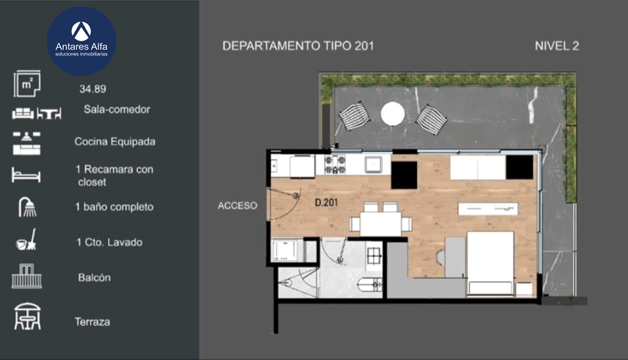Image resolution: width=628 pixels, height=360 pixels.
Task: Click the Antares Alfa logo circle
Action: point(82,41)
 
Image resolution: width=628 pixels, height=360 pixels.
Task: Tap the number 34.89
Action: point(93,89)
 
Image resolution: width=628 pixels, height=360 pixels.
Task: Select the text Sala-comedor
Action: point(117,109)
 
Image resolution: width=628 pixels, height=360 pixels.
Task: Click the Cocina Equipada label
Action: point(115,142)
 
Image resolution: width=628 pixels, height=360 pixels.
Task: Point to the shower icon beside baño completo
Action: point(27,207)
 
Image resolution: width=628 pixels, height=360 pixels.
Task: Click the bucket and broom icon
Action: point(26,240)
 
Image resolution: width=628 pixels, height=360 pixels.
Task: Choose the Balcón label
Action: point(94,278)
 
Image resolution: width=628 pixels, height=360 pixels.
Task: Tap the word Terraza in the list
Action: point(92,322)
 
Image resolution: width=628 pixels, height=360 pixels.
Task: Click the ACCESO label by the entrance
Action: point(238,206)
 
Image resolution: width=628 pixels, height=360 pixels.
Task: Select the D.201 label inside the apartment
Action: point(326,202)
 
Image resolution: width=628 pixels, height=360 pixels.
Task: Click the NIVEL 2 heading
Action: point(557,46)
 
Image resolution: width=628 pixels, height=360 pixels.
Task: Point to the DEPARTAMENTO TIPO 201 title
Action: point(298,46)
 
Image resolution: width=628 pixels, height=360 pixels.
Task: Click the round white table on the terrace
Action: point(393,113)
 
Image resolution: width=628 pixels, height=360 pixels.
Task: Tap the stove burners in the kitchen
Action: point(335,164)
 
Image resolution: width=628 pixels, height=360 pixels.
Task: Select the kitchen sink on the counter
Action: point(373,164)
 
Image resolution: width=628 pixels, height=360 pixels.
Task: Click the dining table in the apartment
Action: point(380,224)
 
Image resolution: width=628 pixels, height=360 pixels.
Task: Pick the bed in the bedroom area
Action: point(490,264)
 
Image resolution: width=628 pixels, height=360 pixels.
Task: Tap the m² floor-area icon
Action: point(27,84)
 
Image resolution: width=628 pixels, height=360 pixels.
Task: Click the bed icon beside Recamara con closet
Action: point(26,175)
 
